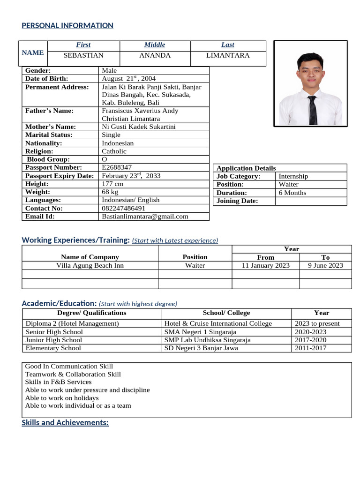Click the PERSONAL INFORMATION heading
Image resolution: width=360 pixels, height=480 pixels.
(67, 26)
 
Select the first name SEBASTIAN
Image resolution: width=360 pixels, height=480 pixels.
(83, 55)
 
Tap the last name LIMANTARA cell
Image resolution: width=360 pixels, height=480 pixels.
(228, 55)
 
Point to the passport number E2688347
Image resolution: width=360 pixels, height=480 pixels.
(117, 167)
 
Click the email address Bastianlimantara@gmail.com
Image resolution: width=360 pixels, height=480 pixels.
(145, 216)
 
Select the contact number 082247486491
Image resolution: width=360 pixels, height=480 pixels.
(124, 208)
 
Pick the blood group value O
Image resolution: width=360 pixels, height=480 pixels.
(105, 159)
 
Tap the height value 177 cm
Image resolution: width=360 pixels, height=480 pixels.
(112, 184)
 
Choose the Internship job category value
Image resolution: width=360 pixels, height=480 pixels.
(293, 176)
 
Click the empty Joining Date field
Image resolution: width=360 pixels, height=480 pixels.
(311, 201)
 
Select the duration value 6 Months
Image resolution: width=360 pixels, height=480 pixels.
(292, 193)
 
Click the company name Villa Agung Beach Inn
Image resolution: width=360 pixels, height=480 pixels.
(90, 265)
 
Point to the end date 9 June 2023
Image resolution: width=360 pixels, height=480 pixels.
(325, 265)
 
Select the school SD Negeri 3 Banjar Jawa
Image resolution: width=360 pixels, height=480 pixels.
(201, 348)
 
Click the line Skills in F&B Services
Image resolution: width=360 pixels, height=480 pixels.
(58, 382)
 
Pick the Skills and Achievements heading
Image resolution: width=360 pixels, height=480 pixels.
(65, 423)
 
